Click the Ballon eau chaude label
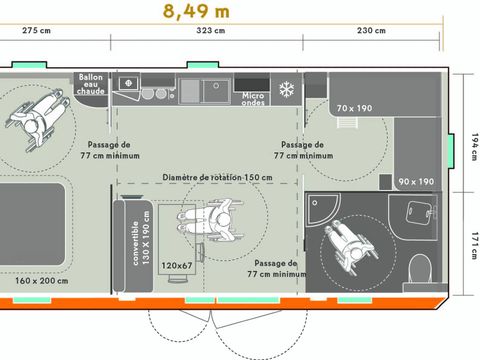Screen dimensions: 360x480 (x=91, y=85)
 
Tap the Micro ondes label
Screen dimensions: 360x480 (x=254, y=98)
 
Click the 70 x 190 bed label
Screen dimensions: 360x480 (x=355, y=108)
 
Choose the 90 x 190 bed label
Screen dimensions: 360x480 (x=416, y=182)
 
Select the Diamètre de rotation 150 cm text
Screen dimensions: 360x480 (x=217, y=177)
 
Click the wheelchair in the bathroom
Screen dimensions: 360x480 (x=343, y=245)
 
